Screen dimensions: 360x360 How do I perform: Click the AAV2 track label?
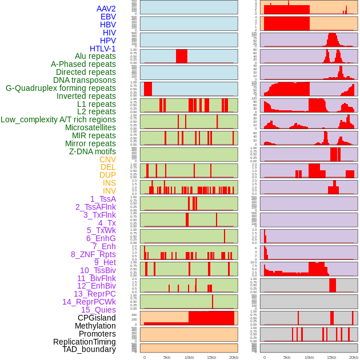tap(106, 9)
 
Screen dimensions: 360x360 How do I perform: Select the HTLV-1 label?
tap(102, 49)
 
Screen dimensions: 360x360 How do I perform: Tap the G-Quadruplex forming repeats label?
tap(61, 89)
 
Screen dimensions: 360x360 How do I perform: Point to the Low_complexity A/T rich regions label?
tap(58, 119)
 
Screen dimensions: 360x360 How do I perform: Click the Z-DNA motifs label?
tap(92, 151)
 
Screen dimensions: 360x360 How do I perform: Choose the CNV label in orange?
tap(107, 159)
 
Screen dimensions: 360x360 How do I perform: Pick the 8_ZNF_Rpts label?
tap(93, 254)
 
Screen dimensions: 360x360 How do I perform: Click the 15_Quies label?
tap(98, 310)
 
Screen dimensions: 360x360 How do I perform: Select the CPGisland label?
tap(97, 318)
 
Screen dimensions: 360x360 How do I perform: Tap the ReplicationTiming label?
tap(84, 342)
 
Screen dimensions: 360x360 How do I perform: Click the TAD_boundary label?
tap(89, 349)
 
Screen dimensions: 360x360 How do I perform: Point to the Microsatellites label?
tap(90, 127)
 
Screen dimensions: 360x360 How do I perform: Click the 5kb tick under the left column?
tap(167, 357)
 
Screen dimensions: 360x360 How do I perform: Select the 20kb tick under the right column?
tap(354, 357)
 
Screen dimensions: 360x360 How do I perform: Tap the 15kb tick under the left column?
tap(211, 357)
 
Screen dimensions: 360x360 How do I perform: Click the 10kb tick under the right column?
tap(309, 357)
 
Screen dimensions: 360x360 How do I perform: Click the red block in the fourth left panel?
tap(182, 56)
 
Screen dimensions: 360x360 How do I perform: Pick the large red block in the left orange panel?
tap(211, 318)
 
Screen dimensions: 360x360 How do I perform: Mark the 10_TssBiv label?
tap(98, 270)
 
